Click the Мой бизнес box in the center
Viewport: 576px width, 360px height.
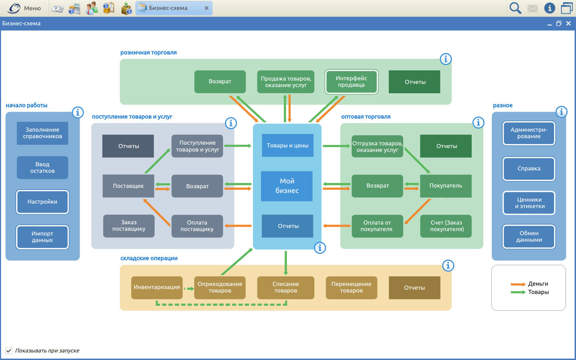click(x=287, y=186)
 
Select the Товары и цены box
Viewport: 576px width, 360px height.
click(x=287, y=145)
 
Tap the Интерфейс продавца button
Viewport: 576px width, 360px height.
click(x=351, y=82)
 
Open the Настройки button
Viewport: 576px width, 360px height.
click(x=43, y=202)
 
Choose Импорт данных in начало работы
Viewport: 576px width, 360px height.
click(x=43, y=237)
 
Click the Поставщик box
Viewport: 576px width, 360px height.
click(x=128, y=186)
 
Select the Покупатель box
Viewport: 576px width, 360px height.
click(x=446, y=186)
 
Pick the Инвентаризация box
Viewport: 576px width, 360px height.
click(x=157, y=287)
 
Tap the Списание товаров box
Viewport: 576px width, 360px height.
click(x=286, y=287)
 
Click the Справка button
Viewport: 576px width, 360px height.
click(x=529, y=169)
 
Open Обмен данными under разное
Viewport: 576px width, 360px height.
click(x=529, y=237)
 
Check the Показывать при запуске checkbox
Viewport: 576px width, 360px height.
click(x=9, y=350)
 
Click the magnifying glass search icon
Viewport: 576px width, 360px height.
click(x=515, y=8)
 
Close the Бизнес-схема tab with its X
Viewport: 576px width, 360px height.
click(x=206, y=8)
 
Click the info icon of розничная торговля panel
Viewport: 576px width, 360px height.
click(x=446, y=59)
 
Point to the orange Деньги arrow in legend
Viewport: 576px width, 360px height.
click(x=518, y=284)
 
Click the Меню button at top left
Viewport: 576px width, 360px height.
click(x=24, y=8)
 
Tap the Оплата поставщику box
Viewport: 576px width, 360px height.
click(x=197, y=226)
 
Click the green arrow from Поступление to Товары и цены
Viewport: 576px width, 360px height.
click(x=238, y=146)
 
